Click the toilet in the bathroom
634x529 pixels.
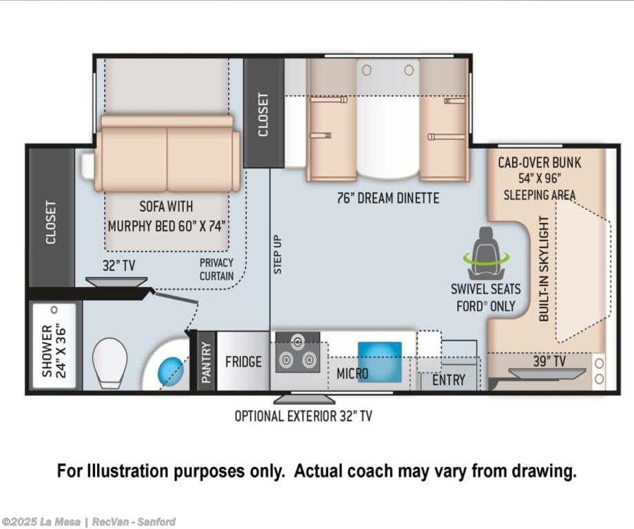click(110, 363)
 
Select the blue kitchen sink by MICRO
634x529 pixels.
click(380, 362)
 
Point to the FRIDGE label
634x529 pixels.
click(243, 361)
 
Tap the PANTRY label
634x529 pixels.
click(207, 363)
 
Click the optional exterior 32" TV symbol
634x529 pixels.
click(304, 399)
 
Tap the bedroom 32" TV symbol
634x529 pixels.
click(116, 281)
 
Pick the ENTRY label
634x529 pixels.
click(449, 380)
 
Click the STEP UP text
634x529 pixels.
click(277, 254)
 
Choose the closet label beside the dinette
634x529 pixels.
click(263, 115)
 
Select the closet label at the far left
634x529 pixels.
click(51, 223)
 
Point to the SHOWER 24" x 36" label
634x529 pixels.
click(53, 350)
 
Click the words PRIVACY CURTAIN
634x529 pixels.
click(216, 270)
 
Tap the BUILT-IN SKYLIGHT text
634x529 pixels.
click(544, 269)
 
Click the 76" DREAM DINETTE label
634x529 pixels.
click(388, 198)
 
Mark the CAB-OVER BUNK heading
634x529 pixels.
click(540, 163)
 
